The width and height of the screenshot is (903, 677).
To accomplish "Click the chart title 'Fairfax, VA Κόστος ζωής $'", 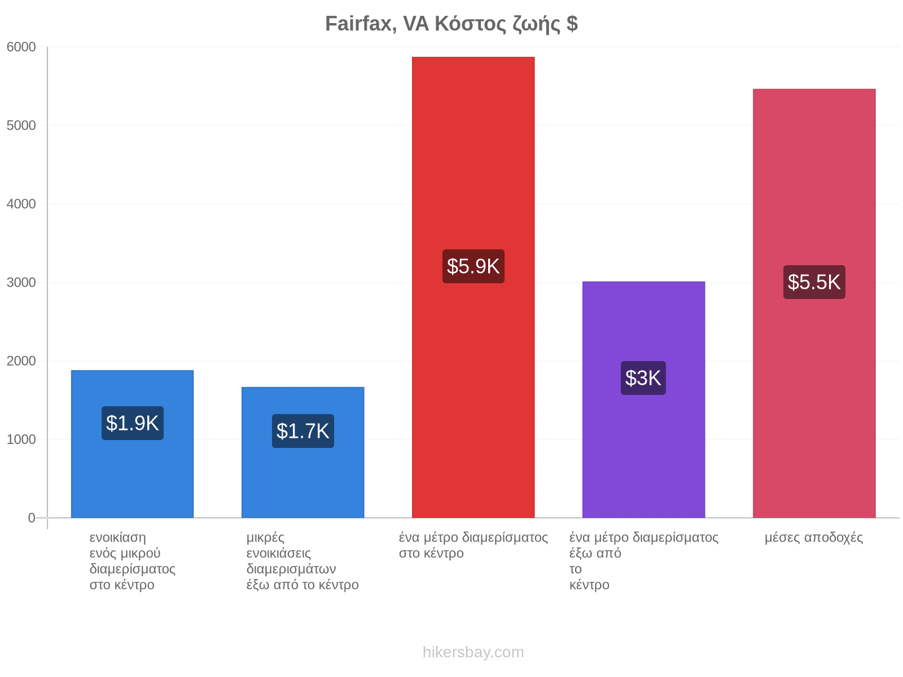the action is [x=451, y=24].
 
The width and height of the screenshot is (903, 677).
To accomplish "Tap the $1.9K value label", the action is [x=133, y=423].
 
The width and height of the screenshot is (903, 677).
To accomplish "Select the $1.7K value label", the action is [x=303, y=431].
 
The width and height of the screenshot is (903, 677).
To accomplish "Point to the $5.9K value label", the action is [x=473, y=266].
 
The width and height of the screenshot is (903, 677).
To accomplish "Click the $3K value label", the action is [x=643, y=378].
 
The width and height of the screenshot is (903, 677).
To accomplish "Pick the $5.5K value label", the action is [x=814, y=282].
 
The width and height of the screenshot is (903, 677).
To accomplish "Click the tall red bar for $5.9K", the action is [x=473, y=287].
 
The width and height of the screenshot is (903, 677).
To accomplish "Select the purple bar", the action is [x=643, y=399].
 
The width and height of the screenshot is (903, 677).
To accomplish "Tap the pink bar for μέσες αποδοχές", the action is [x=814, y=304].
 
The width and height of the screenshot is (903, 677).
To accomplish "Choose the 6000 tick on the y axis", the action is [x=21, y=47].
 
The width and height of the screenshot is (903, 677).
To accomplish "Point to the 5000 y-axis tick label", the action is [x=21, y=125].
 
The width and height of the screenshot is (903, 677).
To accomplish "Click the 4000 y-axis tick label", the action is [x=21, y=204].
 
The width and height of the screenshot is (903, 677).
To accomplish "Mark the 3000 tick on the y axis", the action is [x=21, y=283].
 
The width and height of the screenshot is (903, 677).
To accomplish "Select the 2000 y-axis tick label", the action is [x=21, y=361].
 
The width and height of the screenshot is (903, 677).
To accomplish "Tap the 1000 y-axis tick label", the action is [x=21, y=439].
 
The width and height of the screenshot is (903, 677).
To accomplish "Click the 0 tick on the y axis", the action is [x=32, y=518].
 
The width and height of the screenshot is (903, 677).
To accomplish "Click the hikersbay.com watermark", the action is [x=473, y=652].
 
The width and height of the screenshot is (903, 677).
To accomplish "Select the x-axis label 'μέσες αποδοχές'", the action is [x=813, y=537].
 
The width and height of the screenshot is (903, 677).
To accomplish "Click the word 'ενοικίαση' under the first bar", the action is [x=117, y=537].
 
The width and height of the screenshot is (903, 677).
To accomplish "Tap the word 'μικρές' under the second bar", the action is [x=265, y=538].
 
